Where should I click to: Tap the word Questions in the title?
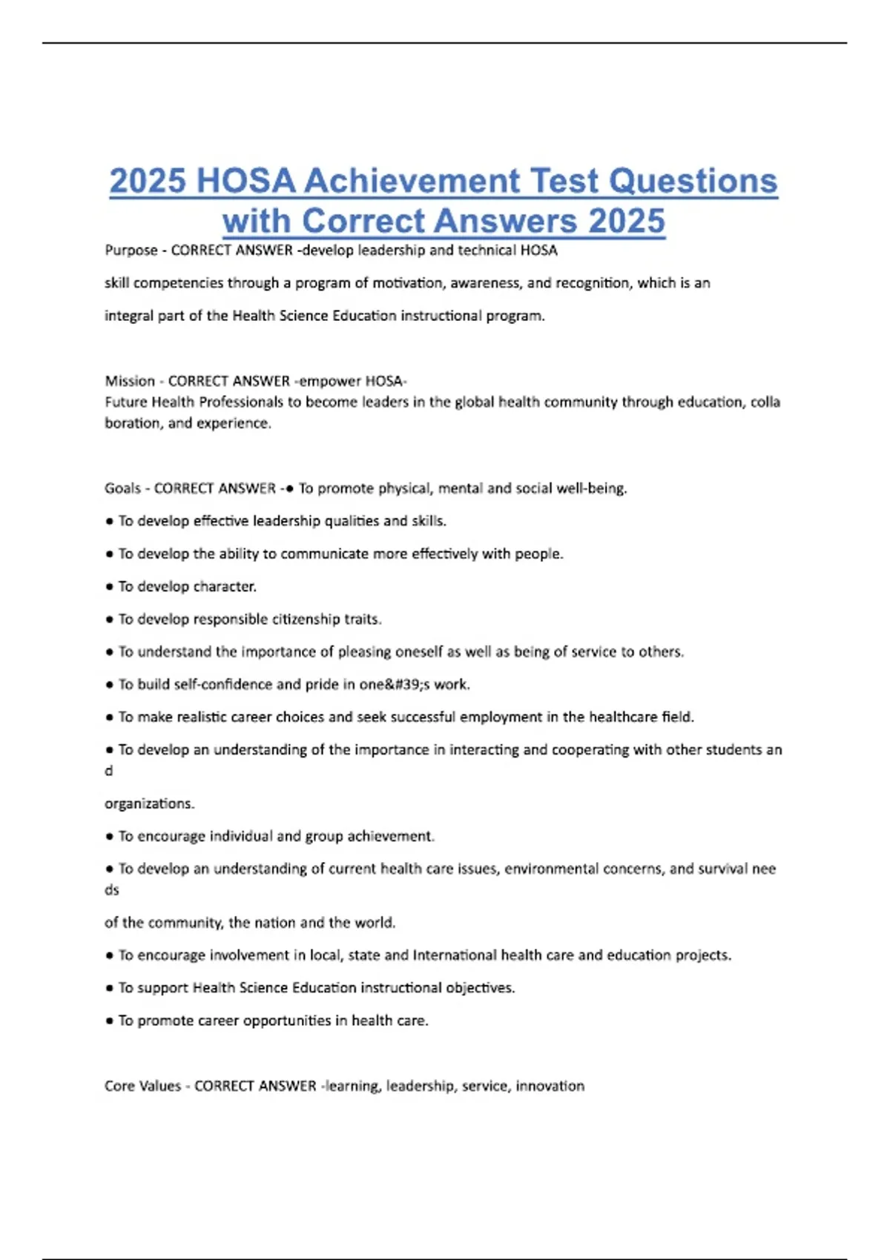coord(693,182)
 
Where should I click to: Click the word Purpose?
coord(131,251)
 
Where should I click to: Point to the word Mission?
coord(130,381)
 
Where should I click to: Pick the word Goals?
coord(122,488)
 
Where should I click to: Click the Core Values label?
coord(142,1086)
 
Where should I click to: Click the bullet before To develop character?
coord(110,587)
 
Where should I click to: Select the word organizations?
coord(149,804)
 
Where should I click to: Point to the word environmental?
coord(565,869)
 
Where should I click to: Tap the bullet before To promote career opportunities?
coord(110,1021)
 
